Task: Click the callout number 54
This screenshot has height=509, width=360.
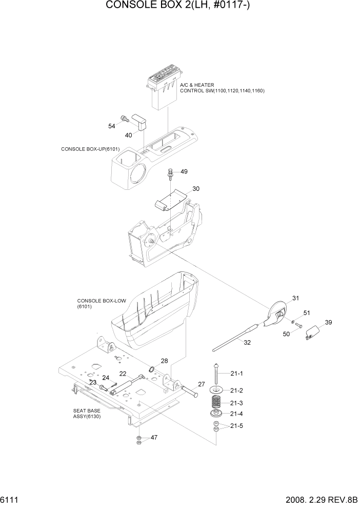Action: coord(111,126)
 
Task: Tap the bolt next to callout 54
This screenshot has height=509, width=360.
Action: coord(124,119)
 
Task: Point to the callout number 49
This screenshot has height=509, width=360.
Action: coord(184,171)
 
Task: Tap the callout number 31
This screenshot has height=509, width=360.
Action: coord(295,298)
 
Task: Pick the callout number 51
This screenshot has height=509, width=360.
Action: coord(307,313)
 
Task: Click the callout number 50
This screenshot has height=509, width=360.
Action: coord(286,334)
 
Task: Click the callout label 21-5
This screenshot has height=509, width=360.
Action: coord(236,426)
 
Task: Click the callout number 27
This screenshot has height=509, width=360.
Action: coord(201,384)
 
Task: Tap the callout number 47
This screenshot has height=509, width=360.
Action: coord(153,438)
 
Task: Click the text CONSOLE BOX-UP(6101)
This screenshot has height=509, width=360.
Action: coord(90,149)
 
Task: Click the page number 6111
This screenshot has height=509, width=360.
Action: coord(10,499)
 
